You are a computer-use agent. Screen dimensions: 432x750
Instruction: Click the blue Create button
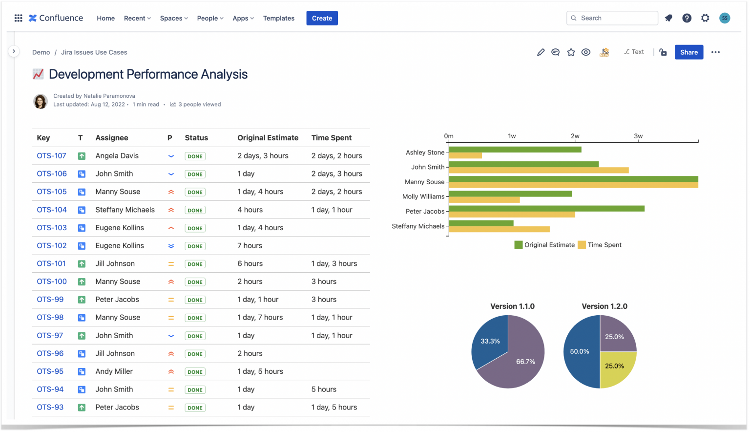point(322,18)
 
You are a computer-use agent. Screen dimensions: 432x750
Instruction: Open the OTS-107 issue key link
point(51,156)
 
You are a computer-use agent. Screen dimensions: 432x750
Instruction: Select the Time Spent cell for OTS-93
point(334,408)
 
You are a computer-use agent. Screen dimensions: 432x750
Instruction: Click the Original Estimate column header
point(268,138)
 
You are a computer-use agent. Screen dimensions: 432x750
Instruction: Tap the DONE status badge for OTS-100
point(195,282)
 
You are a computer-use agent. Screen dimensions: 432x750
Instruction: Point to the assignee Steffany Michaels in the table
point(125,210)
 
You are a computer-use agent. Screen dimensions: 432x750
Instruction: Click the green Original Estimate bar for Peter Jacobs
point(546,209)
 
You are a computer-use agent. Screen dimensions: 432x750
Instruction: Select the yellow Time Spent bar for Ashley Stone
point(465,156)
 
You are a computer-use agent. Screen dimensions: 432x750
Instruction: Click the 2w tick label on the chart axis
point(575,136)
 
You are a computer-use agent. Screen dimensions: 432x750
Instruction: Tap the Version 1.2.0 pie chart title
point(604,306)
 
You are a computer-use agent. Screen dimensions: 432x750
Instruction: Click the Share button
point(688,52)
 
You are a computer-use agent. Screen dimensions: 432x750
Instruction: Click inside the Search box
point(615,18)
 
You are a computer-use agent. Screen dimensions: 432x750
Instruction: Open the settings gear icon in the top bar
point(705,18)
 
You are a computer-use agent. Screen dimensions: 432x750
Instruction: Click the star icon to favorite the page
point(571,52)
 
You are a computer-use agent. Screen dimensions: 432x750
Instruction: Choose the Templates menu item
point(278,18)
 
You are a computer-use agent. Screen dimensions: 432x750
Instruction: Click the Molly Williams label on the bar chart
point(423,196)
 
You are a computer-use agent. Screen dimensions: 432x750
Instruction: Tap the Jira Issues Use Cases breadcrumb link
point(94,52)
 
